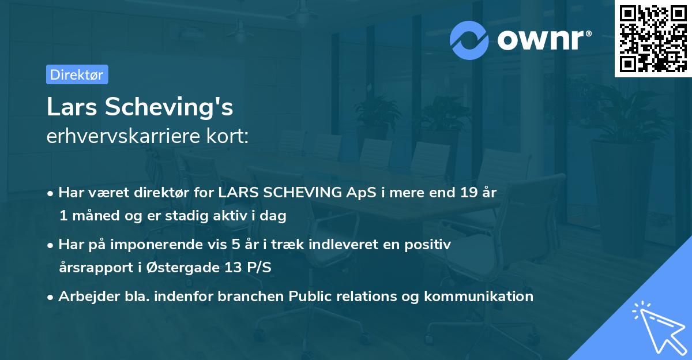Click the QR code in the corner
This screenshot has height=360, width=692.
653,39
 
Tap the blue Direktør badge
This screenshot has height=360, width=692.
77,75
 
